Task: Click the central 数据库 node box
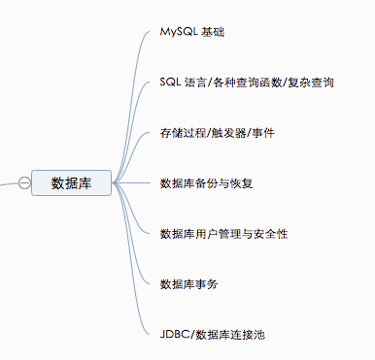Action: tap(71, 181)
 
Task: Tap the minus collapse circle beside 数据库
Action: tap(23, 181)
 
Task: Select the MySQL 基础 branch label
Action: tap(192, 32)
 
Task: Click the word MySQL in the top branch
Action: tap(179, 32)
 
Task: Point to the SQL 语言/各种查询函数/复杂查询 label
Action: tap(247, 82)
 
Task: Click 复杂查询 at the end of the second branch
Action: tap(315, 82)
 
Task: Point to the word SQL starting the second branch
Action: tap(170, 82)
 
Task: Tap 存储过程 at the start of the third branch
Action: tap(179, 132)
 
